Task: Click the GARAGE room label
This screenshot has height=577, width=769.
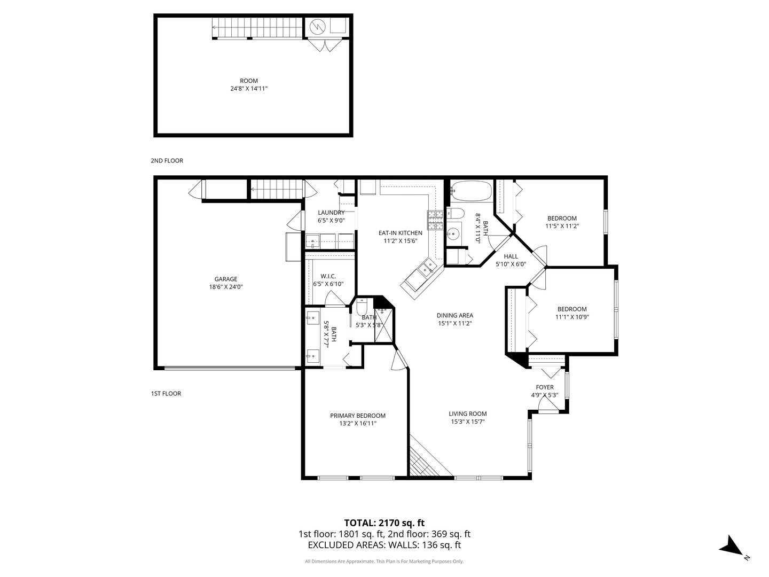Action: point(225,279)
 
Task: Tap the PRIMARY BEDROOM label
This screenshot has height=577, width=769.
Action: point(358,416)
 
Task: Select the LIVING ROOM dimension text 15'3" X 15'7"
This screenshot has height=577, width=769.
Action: point(468,422)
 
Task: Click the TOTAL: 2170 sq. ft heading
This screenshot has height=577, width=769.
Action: point(384,523)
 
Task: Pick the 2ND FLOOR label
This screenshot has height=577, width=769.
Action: point(167,161)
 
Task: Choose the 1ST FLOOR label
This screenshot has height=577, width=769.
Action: point(166,394)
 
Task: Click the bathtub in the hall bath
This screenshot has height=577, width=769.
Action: point(471,191)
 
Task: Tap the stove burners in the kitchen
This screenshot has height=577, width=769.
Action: point(435,220)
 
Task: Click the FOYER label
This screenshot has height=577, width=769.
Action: point(545,387)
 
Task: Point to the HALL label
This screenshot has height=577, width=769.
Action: point(511,256)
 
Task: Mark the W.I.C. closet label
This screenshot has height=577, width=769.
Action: point(328,276)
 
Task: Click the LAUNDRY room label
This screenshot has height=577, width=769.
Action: point(331,213)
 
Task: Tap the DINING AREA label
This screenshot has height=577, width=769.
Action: point(455,316)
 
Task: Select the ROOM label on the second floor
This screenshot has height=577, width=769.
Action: point(249,81)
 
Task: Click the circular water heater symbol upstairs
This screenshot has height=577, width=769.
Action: point(318,27)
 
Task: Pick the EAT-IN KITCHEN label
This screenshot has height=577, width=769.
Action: point(400,233)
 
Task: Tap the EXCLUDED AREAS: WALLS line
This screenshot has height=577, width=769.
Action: point(384,545)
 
